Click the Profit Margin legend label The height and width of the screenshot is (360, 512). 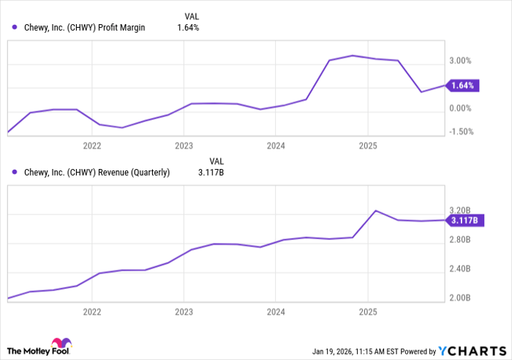pos(83,28)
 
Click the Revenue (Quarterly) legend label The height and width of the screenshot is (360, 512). pos(96,173)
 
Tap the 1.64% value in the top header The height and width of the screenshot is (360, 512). pos(188,28)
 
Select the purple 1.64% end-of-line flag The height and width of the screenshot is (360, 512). pos(463,86)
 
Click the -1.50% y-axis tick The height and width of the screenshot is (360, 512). pos(460,132)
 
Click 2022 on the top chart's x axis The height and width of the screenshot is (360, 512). pos(92,146)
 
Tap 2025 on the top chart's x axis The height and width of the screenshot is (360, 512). pos(368,146)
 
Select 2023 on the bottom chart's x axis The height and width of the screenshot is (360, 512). pos(184,310)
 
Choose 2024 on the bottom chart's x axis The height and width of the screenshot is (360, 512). pos(275,310)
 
